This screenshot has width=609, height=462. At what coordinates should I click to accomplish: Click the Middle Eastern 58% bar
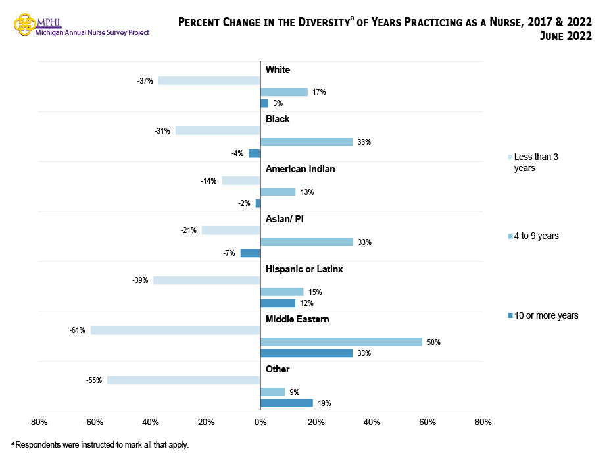tap(341, 342)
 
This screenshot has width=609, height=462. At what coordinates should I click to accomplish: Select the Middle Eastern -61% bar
tap(176, 330)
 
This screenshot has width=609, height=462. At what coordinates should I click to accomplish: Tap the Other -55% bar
tap(183, 380)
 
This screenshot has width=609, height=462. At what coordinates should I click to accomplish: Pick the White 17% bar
tap(284, 92)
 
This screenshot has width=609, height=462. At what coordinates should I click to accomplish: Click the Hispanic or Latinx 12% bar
tap(278, 303)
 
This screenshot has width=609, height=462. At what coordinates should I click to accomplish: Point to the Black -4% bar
tap(255, 153)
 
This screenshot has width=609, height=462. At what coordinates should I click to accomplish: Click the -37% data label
tap(145, 81)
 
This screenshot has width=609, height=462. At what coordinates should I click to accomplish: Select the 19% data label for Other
tap(324, 403)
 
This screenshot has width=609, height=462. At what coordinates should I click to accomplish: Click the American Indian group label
tap(300, 169)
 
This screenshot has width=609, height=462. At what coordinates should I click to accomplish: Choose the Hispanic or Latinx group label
tap(304, 269)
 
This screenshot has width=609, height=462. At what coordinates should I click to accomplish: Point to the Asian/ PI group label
tap(284, 219)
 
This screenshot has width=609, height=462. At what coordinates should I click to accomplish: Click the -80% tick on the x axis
tap(38, 422)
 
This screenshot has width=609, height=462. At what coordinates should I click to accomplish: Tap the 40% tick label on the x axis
tap(372, 422)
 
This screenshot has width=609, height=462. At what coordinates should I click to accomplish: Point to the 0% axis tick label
tap(260, 422)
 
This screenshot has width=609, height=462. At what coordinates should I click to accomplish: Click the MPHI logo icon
tap(25, 24)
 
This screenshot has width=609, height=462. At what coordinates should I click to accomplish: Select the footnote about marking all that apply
tap(100, 445)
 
